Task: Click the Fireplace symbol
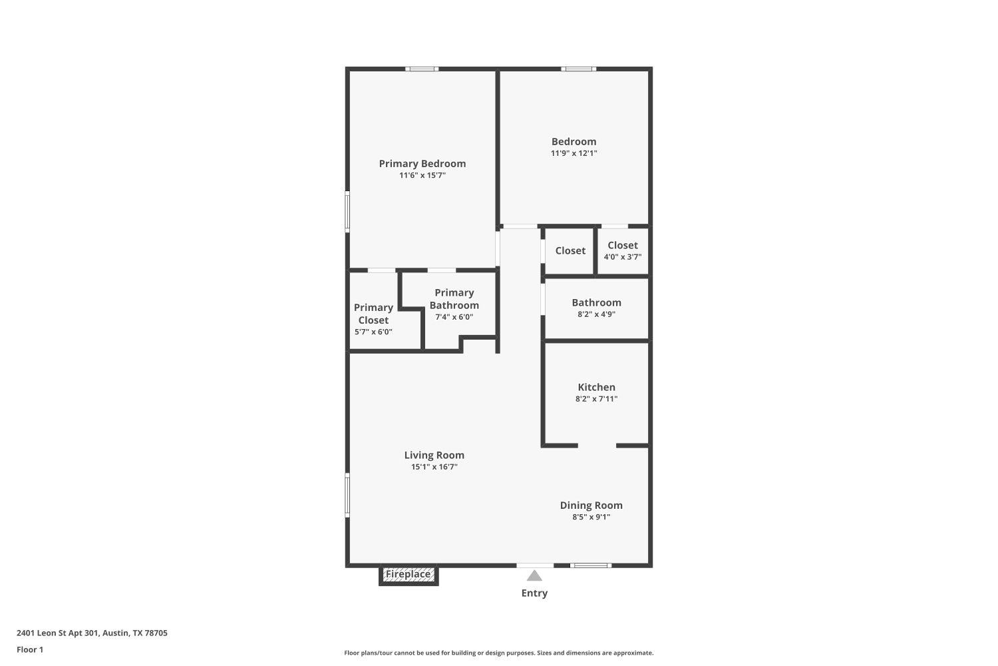408,575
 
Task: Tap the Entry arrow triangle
534,576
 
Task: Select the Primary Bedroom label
422,164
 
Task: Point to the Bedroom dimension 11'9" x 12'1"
574,153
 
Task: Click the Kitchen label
596,387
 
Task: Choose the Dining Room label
591,505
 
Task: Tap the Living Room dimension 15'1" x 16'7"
434,467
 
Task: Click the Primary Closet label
373,314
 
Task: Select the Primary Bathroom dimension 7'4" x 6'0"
454,317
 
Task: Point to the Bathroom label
596,302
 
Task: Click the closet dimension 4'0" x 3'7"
622,257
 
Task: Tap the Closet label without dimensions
570,251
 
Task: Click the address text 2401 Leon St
92,633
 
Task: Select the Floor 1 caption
30,649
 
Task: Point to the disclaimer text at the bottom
498,653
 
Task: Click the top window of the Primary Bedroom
422,69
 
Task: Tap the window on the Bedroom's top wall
578,69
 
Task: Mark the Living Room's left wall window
347,494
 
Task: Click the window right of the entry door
591,565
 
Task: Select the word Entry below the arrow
534,593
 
